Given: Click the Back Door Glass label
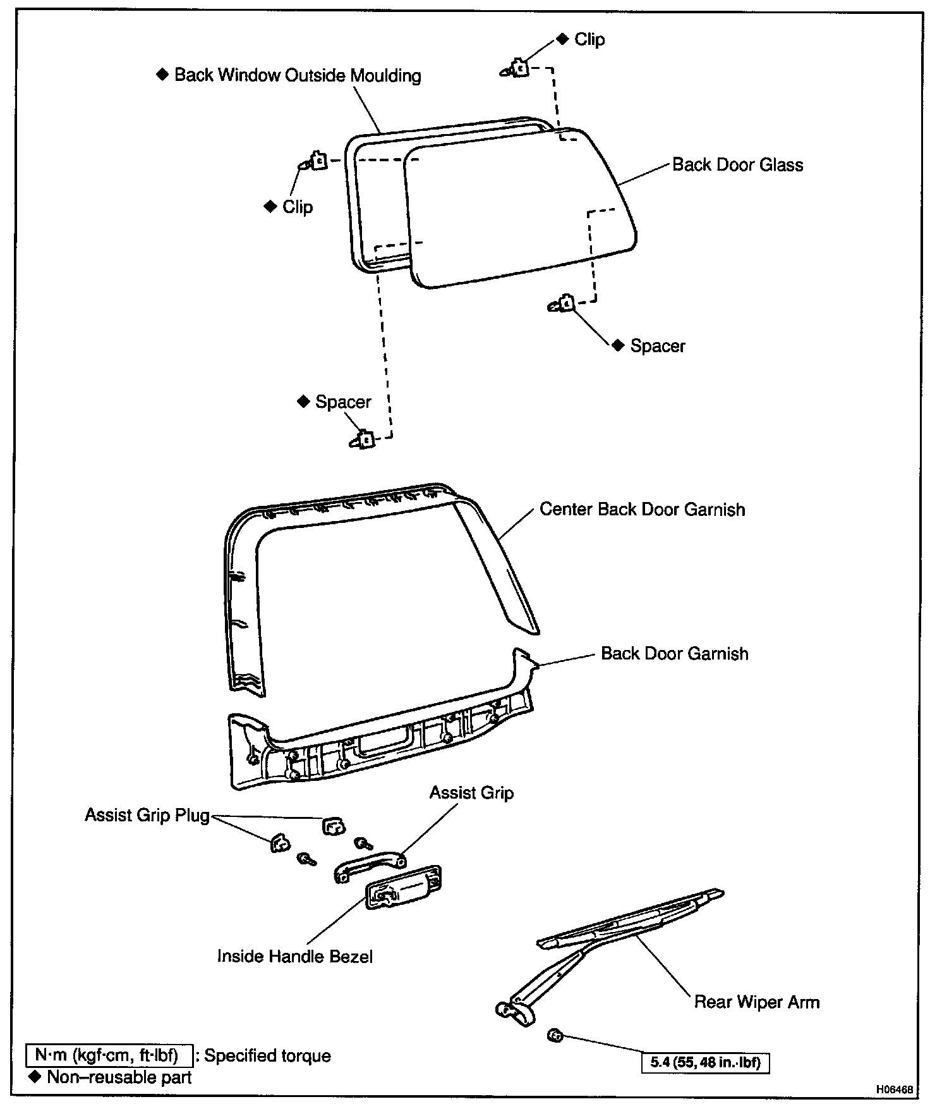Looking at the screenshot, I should point(737,165).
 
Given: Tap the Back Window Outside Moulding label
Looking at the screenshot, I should point(298,75).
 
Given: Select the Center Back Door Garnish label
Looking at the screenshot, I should point(642,510).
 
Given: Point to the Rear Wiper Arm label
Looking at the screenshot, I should point(756,1002).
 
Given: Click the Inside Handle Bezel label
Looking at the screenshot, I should point(294,956).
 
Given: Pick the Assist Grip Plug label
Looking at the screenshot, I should point(147,816).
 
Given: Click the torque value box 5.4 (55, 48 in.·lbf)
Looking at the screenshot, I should point(706,1063).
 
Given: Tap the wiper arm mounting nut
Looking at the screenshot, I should point(556,1036).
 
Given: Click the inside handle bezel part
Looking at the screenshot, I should point(404,886).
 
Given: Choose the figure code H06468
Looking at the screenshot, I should point(894,1089).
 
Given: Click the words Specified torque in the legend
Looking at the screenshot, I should point(267,1056).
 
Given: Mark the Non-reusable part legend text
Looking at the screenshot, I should point(119,1077).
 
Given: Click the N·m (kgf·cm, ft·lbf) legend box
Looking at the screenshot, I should point(108,1056).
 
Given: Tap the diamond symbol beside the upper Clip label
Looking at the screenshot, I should point(563,39).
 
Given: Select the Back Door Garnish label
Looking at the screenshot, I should point(674,654).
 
